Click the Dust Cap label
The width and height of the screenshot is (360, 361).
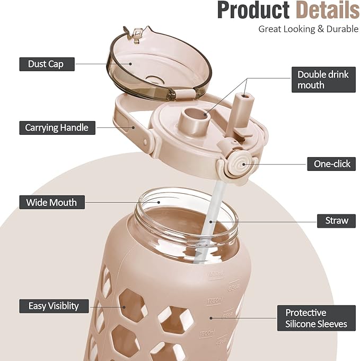[x=47, y=64]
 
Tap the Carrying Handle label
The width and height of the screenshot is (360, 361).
[x=57, y=128]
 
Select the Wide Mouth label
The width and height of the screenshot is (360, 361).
[x=52, y=202]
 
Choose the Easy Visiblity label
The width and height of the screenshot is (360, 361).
[x=54, y=306]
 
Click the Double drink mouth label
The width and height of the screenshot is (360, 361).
[x=323, y=80]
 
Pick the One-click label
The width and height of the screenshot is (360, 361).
[x=331, y=164]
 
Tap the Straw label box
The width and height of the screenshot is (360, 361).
[x=336, y=221]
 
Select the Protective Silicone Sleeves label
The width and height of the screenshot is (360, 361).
[x=317, y=318]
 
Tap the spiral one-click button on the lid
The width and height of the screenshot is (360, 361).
[x=241, y=164]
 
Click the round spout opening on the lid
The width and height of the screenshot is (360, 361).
[x=195, y=114]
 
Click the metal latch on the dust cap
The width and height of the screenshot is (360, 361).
[x=137, y=34]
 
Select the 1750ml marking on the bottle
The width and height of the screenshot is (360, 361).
[x=215, y=300]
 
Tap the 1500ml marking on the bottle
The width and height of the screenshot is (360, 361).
[x=207, y=333]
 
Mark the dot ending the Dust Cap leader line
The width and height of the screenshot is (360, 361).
[x=130, y=64]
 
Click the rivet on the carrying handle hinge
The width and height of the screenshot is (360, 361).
[x=146, y=141]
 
